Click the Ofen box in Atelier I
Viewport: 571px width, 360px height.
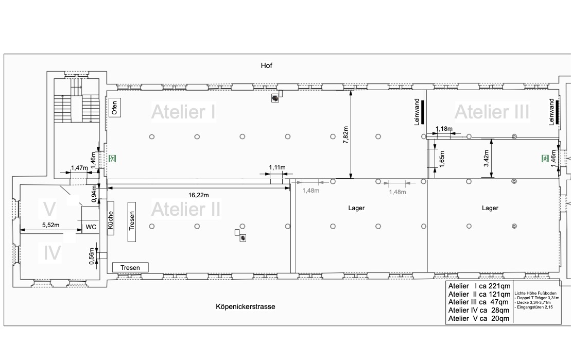(x=115, y=108)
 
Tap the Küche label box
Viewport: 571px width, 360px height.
(x=111, y=218)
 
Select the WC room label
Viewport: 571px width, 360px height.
(x=91, y=227)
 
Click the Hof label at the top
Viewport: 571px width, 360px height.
(x=267, y=65)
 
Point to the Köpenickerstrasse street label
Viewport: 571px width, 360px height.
(x=246, y=306)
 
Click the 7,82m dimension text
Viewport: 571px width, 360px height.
(x=345, y=135)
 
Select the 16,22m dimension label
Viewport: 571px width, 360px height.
(x=198, y=195)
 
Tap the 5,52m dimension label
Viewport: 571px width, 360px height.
(x=50, y=225)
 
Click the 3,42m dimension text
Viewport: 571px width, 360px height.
(x=486, y=159)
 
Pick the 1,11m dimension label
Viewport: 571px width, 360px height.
(x=277, y=167)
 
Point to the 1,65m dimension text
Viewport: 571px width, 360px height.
(x=442, y=159)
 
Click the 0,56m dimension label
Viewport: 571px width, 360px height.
(x=92, y=256)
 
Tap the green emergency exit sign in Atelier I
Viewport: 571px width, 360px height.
(x=113, y=158)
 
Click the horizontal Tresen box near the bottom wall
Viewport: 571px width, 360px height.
(x=130, y=267)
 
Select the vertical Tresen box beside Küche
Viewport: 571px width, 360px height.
(x=132, y=222)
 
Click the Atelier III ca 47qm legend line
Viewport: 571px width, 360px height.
(x=478, y=302)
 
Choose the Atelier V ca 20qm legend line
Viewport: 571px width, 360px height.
(x=478, y=318)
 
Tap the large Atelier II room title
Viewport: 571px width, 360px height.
(x=186, y=209)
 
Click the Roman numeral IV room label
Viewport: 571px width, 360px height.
(x=52, y=253)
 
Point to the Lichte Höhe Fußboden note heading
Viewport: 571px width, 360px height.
(x=535, y=293)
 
